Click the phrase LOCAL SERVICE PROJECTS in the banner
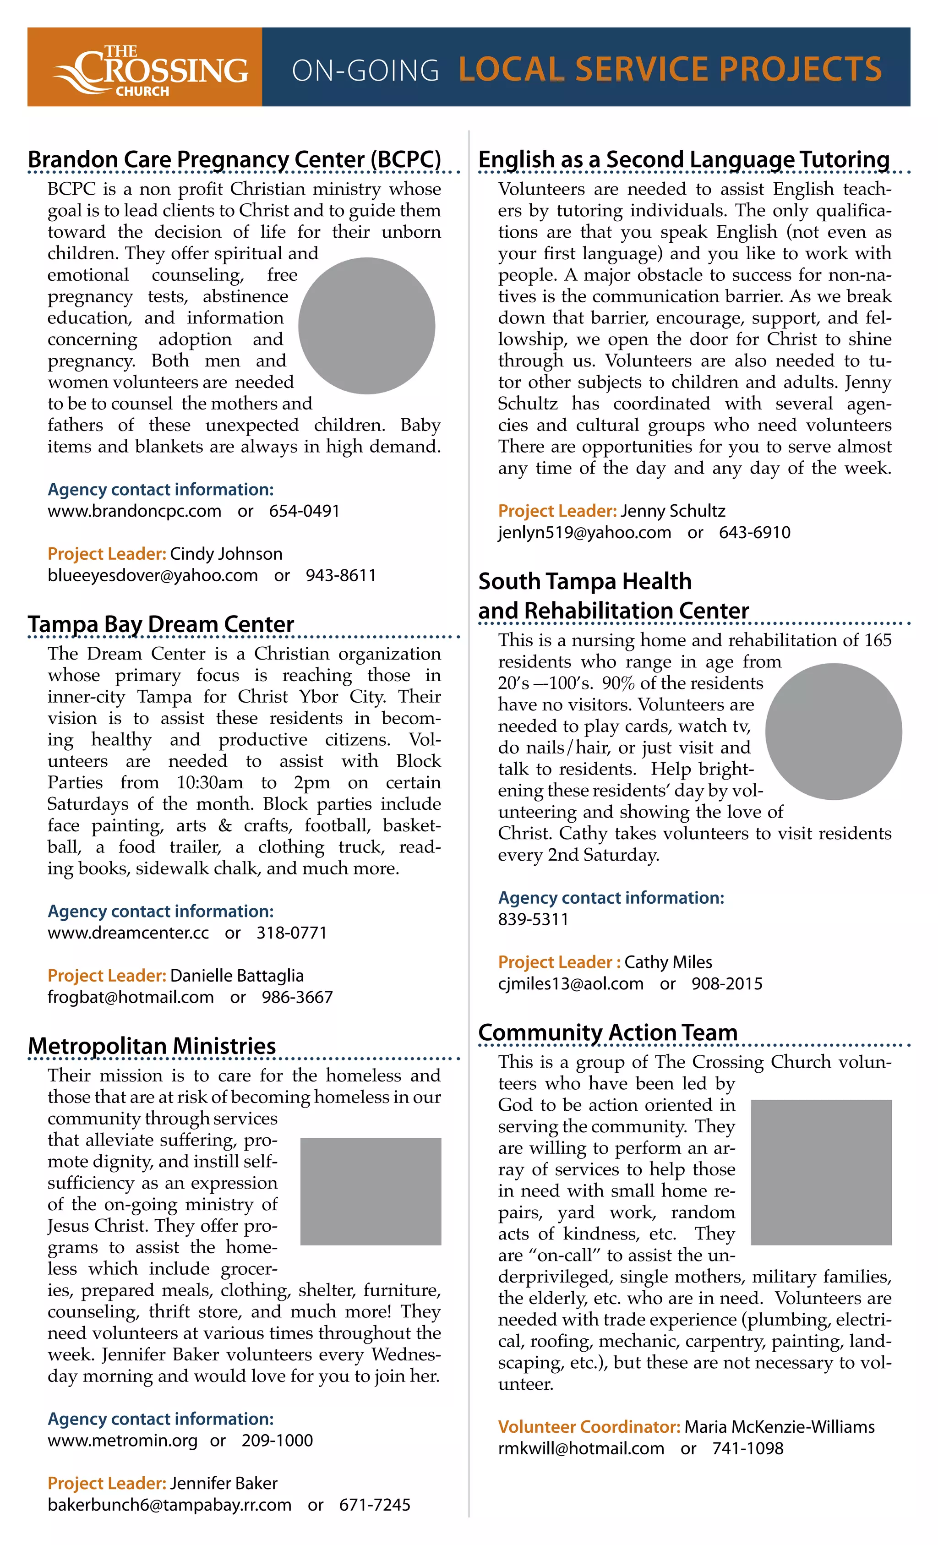pyautogui.click(x=670, y=69)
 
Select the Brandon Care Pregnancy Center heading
pyautogui.click(x=234, y=159)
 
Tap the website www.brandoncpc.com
pyautogui.click(x=134, y=511)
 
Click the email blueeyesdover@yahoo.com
pyautogui.click(x=153, y=576)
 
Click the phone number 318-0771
pyautogui.click(x=292, y=933)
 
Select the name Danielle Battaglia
pyautogui.click(x=236, y=976)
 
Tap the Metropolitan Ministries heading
pyautogui.click(x=152, y=1046)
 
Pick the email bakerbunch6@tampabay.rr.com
pyautogui.click(x=169, y=1505)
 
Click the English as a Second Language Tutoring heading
pyautogui.click(x=683, y=159)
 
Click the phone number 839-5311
pyautogui.click(x=533, y=919)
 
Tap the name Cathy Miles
pyautogui.click(x=668, y=962)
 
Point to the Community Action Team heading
pyautogui.click(x=608, y=1032)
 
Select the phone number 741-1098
pyautogui.click(x=747, y=1448)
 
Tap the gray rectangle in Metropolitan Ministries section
pyautogui.click(x=371, y=1191)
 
